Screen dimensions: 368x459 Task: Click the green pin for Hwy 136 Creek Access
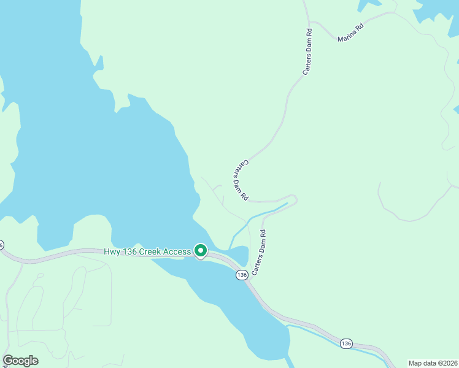200,250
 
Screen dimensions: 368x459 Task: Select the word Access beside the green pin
178,251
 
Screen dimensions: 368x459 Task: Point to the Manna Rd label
350,35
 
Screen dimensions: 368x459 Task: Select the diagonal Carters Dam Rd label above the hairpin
241,180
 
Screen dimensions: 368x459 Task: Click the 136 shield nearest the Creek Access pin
241,275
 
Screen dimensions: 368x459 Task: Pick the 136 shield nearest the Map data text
347,343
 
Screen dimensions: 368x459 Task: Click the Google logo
20,361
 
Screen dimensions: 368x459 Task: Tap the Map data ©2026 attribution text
433,363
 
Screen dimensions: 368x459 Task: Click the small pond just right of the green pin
239,253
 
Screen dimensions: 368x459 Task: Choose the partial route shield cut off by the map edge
1,244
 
